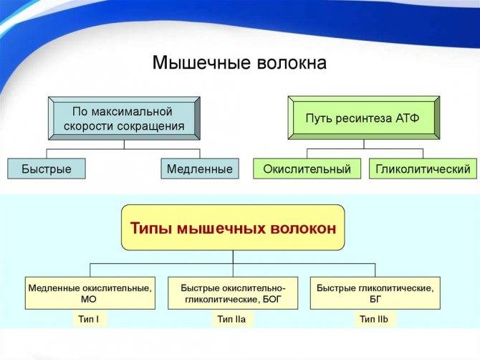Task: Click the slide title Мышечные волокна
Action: [x=239, y=63]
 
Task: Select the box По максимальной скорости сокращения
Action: [x=124, y=118]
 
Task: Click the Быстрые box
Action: [x=46, y=169]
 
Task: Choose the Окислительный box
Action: [x=307, y=169]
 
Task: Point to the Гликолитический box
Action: [x=423, y=169]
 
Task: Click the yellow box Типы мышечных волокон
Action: [x=233, y=227]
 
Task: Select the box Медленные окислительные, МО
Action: [x=90, y=293]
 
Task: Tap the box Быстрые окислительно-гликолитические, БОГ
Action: [x=233, y=293]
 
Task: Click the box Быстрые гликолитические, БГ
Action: [x=375, y=293]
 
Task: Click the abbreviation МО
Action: [x=90, y=300]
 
